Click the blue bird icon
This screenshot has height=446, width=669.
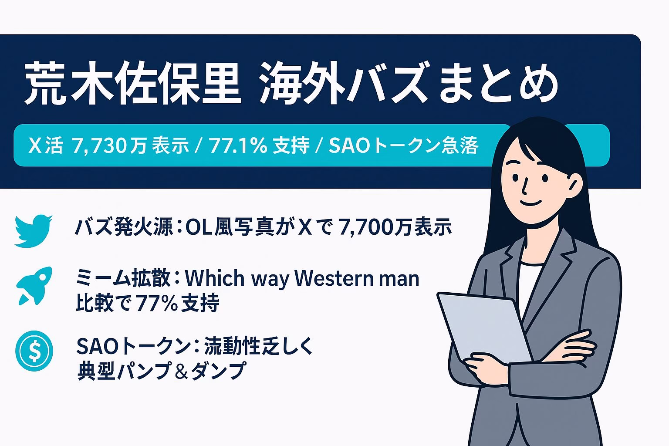pyautogui.click(x=34, y=230)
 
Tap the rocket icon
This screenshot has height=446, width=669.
pyautogui.click(x=34, y=286)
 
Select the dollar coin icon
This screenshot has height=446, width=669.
pyautogui.click(x=34, y=351)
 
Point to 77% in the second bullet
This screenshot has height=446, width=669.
pyautogui.click(x=156, y=303)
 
